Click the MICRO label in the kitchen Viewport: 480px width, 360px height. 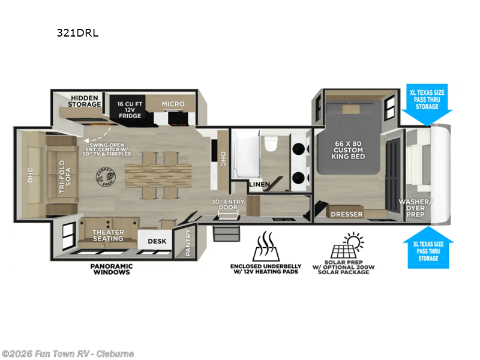click(173, 104)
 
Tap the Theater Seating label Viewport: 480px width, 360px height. click(108, 235)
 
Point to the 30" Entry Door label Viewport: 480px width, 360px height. click(225, 204)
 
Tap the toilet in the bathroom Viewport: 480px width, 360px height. click(270, 144)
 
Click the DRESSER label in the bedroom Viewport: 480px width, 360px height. click(347, 214)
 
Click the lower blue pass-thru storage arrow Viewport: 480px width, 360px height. click(428, 247)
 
